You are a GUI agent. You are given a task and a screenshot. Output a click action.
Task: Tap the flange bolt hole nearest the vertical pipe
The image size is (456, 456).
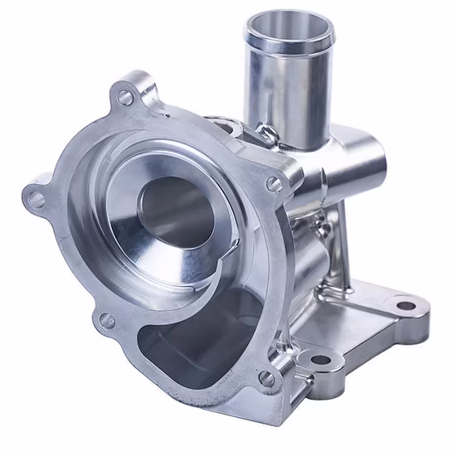coord(273,185)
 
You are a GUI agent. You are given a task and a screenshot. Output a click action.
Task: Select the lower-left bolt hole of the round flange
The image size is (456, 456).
coord(105,319)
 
